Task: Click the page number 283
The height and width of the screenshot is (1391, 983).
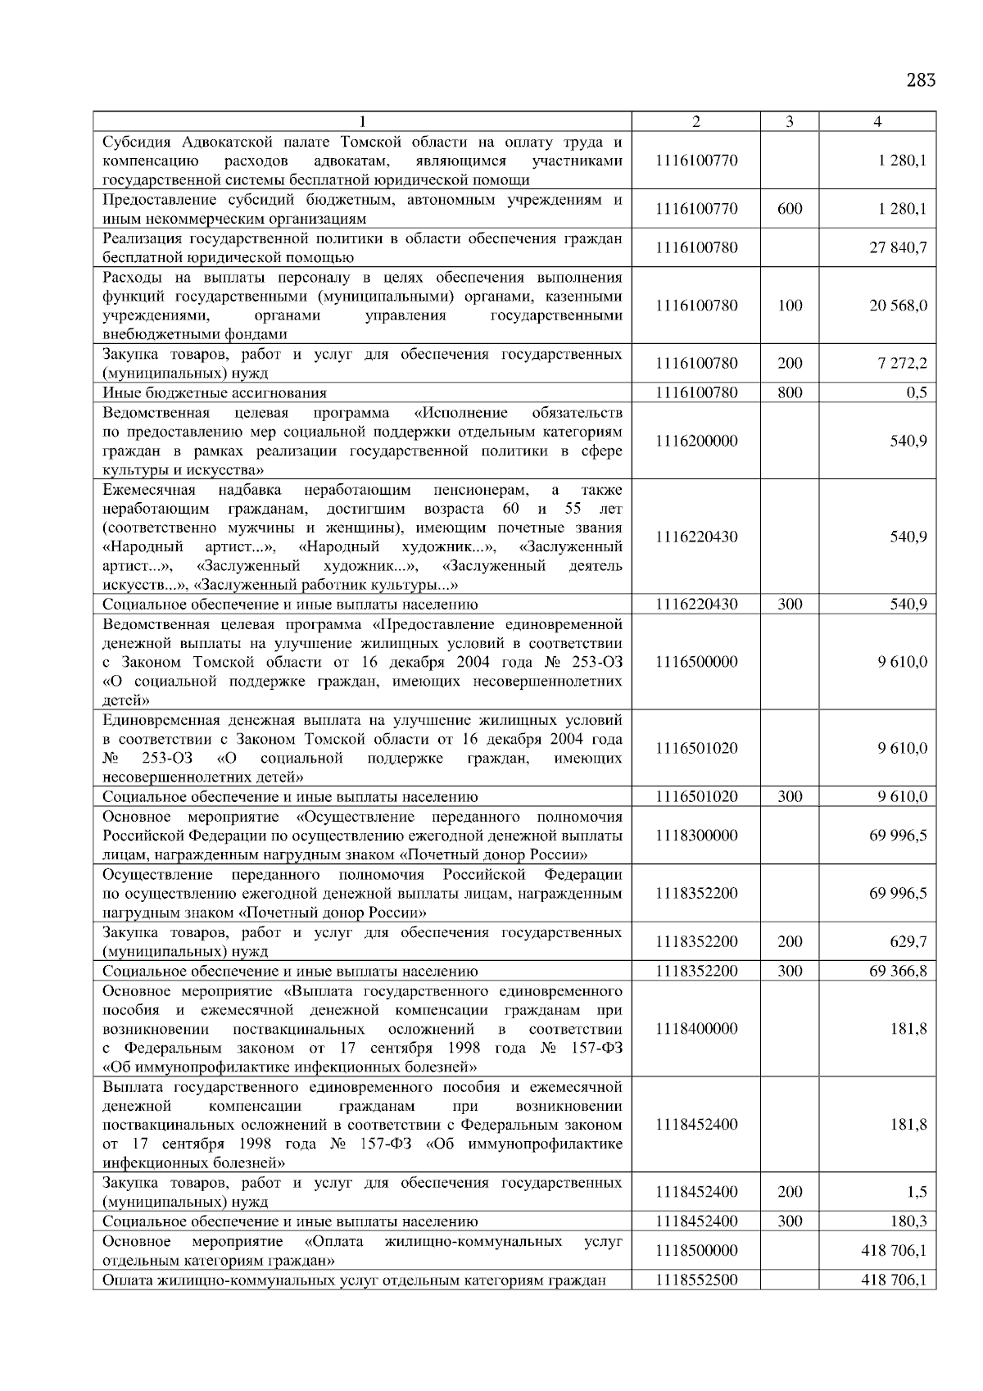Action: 921,80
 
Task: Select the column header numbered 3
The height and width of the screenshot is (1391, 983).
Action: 789,122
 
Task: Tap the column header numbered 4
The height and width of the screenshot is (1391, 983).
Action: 877,122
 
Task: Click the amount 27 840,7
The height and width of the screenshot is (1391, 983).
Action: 898,247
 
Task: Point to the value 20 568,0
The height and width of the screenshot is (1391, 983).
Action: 898,306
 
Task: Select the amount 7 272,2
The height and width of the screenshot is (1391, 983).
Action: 903,363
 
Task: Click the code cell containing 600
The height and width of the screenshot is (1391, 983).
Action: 790,209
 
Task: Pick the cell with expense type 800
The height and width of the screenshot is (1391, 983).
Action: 790,392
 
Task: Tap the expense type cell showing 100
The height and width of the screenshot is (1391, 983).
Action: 790,306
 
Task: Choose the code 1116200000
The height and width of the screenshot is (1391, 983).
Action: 696,441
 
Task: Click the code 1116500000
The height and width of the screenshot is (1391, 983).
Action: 696,662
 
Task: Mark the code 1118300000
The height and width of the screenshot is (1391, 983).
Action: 696,836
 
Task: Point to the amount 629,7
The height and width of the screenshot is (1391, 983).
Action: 908,942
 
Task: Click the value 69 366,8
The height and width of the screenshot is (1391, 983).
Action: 898,972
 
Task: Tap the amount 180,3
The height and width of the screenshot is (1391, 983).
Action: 908,1221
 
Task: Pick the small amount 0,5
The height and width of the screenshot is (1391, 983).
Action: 917,392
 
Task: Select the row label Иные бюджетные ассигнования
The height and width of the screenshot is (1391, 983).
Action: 215,393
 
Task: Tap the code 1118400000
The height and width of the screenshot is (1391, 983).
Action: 696,1029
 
